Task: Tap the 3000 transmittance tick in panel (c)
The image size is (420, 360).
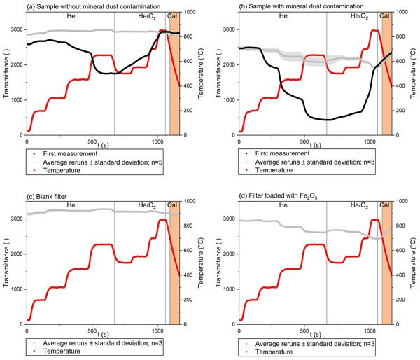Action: [17, 219]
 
